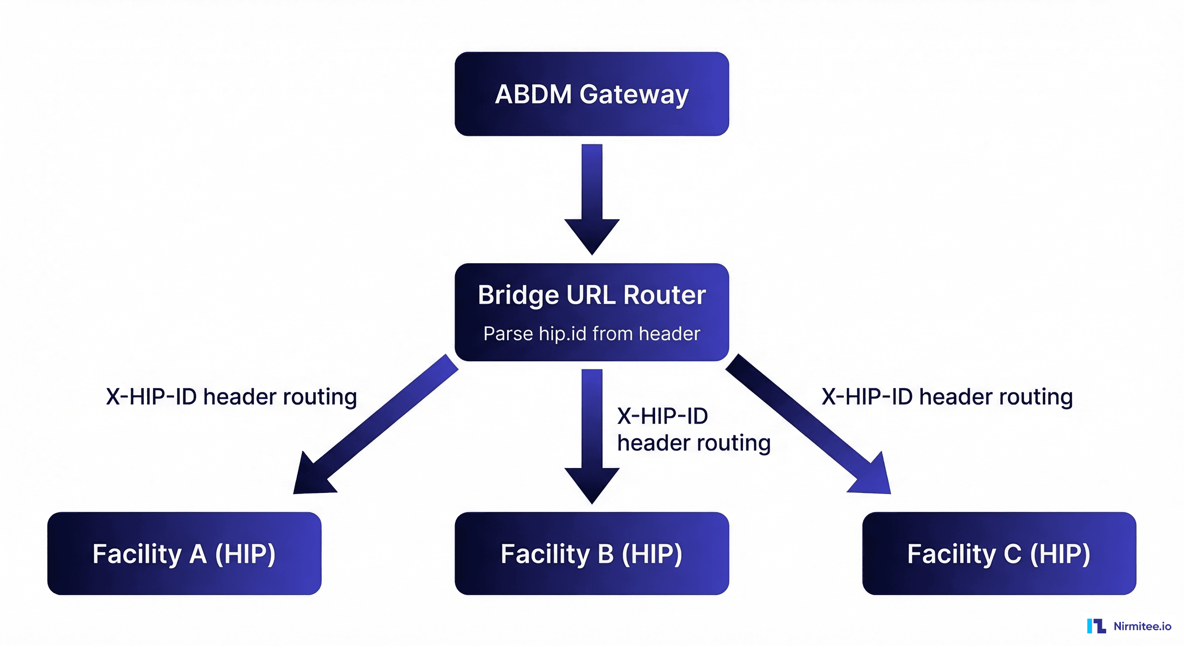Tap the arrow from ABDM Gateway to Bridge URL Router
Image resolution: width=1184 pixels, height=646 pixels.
point(592,198)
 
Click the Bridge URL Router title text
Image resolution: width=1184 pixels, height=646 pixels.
point(592,295)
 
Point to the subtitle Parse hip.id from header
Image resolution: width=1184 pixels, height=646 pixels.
point(592,334)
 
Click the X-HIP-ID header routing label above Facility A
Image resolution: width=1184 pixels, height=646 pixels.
point(231,397)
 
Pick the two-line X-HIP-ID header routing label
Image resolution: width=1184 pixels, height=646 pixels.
point(693,429)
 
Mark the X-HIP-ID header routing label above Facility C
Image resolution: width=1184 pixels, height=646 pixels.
point(947,397)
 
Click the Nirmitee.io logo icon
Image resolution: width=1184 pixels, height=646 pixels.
point(1096,626)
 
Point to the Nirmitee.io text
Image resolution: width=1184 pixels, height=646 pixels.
point(1142,626)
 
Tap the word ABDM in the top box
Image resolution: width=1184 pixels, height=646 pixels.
point(533,95)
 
